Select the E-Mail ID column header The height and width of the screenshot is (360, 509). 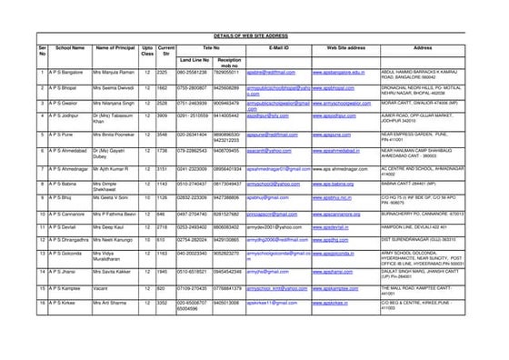coord(278,46)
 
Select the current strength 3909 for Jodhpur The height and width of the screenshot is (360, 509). coord(165,116)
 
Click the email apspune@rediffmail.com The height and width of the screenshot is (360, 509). coord(274,134)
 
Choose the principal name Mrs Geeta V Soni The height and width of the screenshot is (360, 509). coord(114,197)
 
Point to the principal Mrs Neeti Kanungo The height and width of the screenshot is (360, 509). coord(115,240)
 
